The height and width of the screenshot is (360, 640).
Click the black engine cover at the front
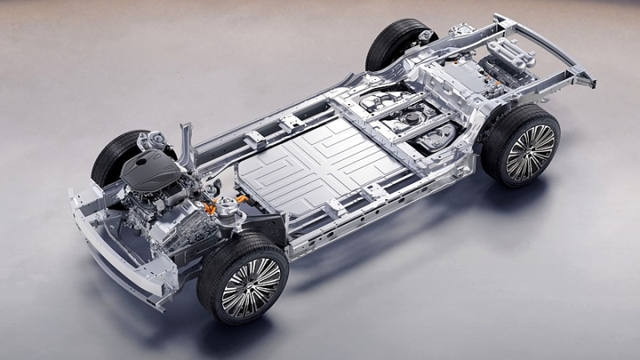point(150,170)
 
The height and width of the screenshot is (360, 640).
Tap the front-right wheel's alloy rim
point(251,287)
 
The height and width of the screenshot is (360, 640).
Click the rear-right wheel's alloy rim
point(530,151)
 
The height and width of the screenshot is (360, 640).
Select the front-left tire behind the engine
point(112,160)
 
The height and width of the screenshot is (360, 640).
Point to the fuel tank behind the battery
point(408,120)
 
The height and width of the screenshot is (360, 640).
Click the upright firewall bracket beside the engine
point(187,144)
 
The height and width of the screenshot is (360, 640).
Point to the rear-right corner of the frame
point(588,80)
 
